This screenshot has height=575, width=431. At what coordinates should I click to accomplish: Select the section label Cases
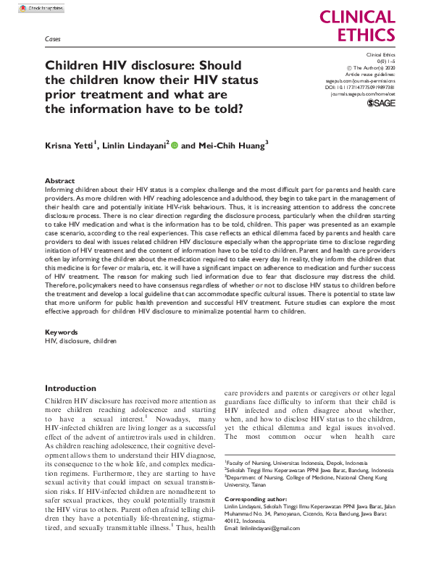(x=52, y=39)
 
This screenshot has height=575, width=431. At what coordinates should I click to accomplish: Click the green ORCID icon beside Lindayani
(x=174, y=145)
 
